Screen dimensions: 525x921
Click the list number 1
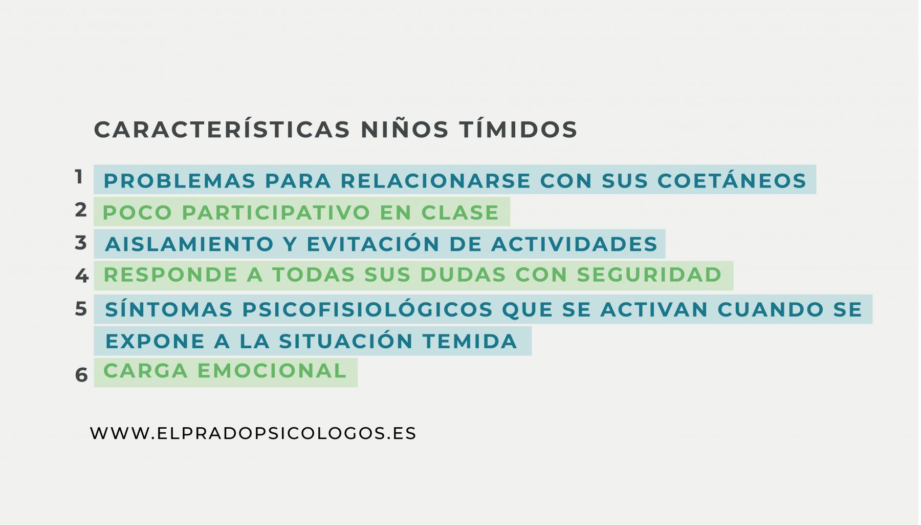(x=79, y=177)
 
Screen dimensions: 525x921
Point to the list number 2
(x=81, y=210)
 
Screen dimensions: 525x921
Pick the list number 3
(x=81, y=243)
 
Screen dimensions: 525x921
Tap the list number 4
(x=81, y=276)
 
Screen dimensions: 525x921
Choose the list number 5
(x=81, y=309)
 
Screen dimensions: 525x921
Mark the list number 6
(x=81, y=375)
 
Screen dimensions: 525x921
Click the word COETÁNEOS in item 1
(x=732, y=181)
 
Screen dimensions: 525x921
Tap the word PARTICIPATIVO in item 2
(x=276, y=213)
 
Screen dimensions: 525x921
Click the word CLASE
(x=460, y=213)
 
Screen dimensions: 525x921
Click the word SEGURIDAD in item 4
(x=649, y=275)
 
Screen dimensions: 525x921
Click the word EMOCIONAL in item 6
(x=273, y=371)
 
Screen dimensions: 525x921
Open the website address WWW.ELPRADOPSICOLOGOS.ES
(x=253, y=433)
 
